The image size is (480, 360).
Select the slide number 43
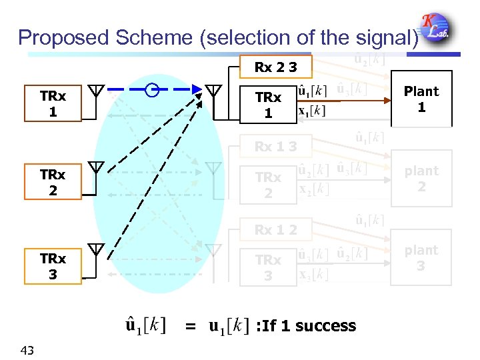click(29, 351)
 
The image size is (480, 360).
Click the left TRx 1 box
click(53, 103)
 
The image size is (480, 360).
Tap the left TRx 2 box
click(53, 183)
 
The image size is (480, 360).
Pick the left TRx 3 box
click(53, 266)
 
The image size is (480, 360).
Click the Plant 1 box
click(421, 99)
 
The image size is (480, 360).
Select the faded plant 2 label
click(421, 179)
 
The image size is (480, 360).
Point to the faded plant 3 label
click(421, 258)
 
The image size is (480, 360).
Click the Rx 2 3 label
click(275, 67)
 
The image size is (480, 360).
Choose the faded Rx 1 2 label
click(275, 230)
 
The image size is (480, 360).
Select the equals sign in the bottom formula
click(191, 327)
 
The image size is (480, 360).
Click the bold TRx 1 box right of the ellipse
click(268, 105)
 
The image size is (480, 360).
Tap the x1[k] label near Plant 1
click(311, 111)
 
